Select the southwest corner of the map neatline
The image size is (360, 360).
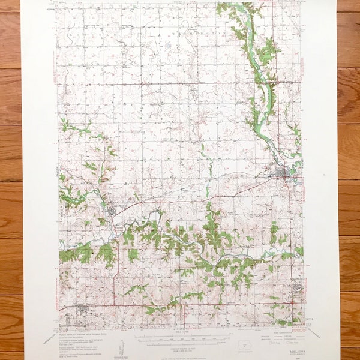59,328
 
